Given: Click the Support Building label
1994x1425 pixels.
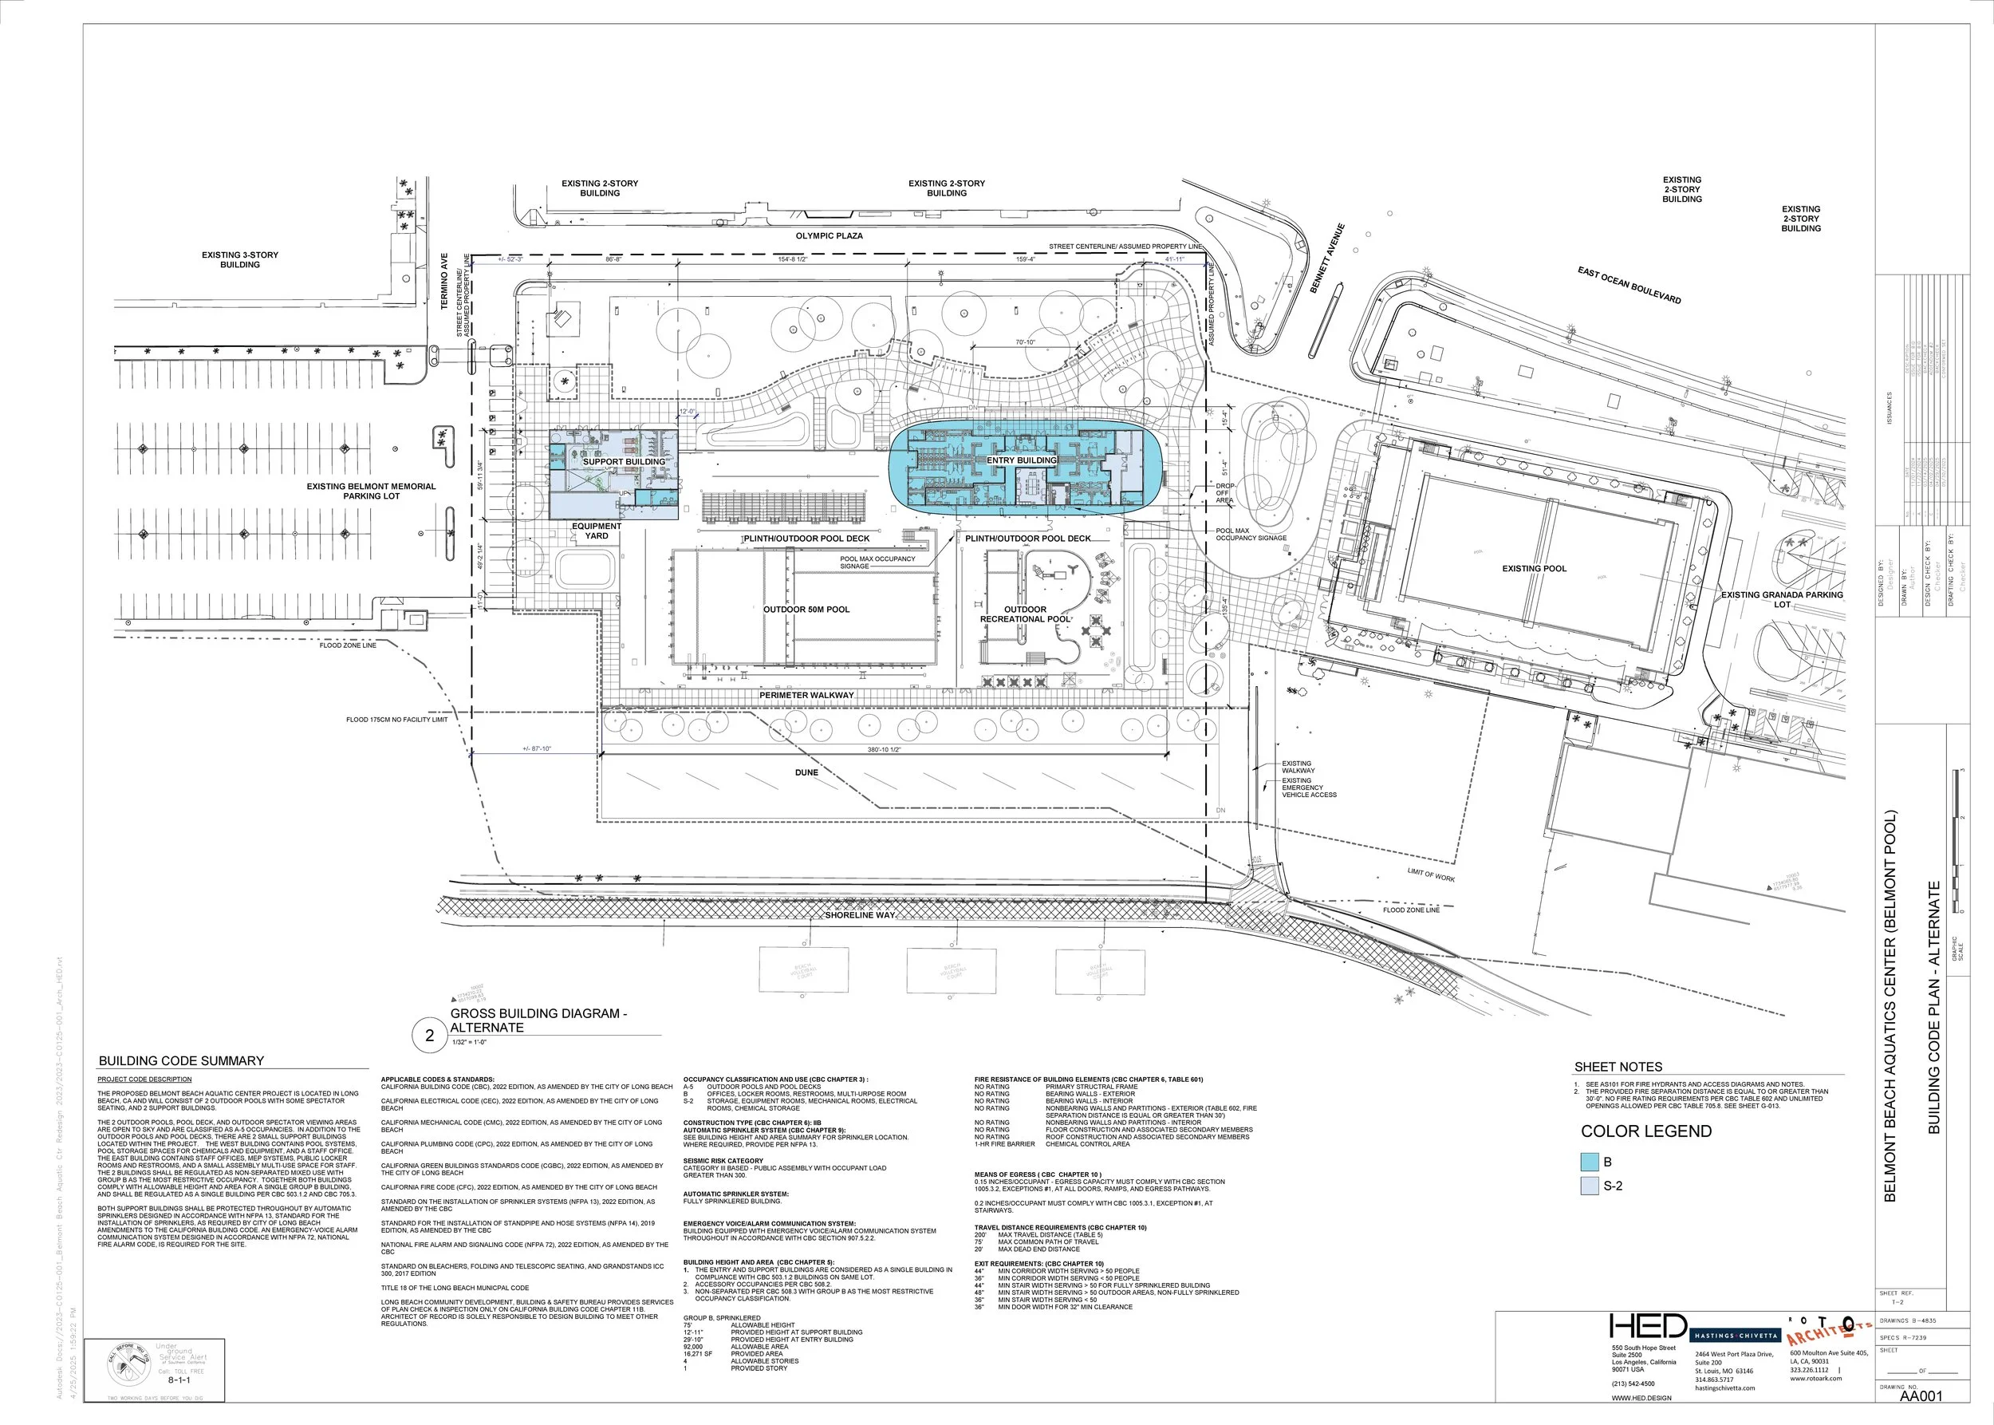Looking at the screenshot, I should pyautogui.click(x=624, y=461).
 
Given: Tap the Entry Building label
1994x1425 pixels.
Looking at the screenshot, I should pyautogui.click(x=1021, y=460).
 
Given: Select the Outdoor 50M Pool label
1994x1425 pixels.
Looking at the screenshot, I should pyautogui.click(x=806, y=609).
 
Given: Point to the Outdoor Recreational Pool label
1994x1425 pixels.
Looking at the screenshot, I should pyautogui.click(x=1025, y=614).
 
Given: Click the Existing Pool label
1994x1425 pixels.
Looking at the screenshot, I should pyautogui.click(x=1534, y=569).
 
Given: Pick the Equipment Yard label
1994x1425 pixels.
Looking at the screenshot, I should pyautogui.click(x=597, y=531).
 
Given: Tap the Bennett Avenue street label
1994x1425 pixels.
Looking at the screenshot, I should pyautogui.click(x=1327, y=258).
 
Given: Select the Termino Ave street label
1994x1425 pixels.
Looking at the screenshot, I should pyautogui.click(x=445, y=281).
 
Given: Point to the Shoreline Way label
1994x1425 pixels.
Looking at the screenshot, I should pyautogui.click(x=860, y=915).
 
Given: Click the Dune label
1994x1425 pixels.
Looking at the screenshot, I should pyautogui.click(x=806, y=772).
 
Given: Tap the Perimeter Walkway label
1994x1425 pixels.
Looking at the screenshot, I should pyautogui.click(x=806, y=695).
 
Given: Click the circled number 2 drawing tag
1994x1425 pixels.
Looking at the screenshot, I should pyautogui.click(x=429, y=1036).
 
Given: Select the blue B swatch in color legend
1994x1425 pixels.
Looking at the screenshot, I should pyautogui.click(x=1590, y=1162).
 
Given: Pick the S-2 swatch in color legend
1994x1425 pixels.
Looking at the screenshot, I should pyautogui.click(x=1590, y=1186).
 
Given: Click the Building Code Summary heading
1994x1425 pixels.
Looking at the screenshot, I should pyautogui.click(x=181, y=1060).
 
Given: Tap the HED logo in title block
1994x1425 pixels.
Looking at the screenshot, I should pyautogui.click(x=1648, y=1326).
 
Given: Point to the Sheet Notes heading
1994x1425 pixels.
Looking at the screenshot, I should pyautogui.click(x=1618, y=1067).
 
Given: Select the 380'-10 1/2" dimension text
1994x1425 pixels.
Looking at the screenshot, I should pyautogui.click(x=885, y=749).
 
